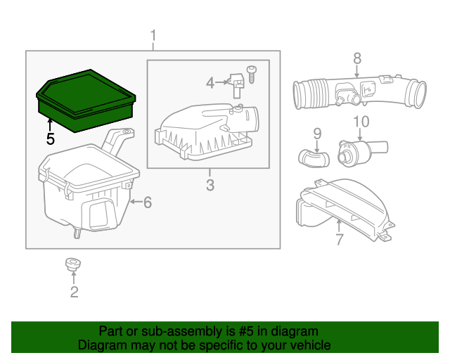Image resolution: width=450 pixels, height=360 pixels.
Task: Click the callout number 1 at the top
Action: click(154, 35)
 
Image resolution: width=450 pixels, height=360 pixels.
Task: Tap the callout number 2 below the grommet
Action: click(74, 292)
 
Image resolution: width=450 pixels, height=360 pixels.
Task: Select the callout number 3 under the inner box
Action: click(210, 186)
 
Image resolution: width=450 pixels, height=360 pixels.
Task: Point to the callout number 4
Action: click(210, 83)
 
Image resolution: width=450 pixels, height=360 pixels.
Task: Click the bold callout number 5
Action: click(50, 139)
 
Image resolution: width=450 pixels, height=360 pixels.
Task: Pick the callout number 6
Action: click(147, 203)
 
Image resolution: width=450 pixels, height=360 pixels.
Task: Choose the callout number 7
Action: click(339, 240)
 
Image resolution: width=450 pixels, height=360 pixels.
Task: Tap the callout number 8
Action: click(356, 58)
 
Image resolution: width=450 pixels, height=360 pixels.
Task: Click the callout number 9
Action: click(316, 133)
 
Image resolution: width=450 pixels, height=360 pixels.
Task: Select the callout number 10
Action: click(360, 122)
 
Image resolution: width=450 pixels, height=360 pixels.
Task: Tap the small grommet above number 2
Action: click(71, 265)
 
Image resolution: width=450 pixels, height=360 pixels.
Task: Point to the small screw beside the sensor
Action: click(252, 71)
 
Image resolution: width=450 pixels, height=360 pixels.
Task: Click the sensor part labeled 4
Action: click(237, 85)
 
